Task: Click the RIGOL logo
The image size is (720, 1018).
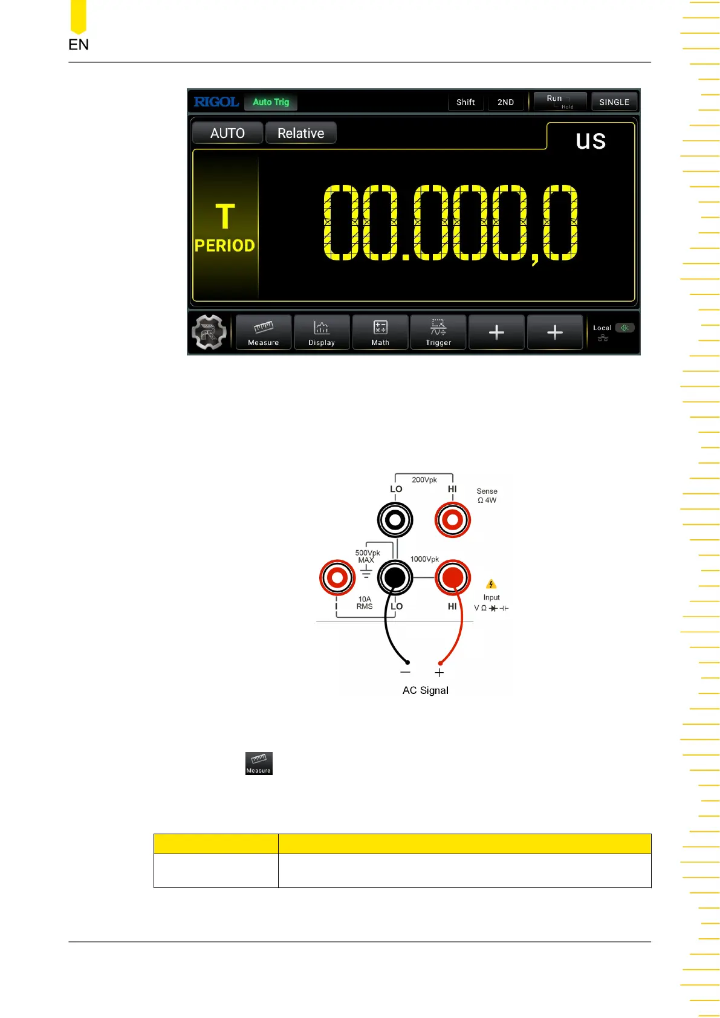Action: [x=216, y=102]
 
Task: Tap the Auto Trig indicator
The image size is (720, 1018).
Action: [x=271, y=102]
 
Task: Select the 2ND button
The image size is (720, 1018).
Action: [x=505, y=102]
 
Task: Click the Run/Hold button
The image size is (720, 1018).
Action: [x=560, y=101]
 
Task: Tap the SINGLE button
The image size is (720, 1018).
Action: [x=614, y=102]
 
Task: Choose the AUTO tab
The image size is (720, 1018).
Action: [x=227, y=133]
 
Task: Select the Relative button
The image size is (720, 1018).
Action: [x=300, y=133]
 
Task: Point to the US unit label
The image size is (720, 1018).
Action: [x=591, y=141]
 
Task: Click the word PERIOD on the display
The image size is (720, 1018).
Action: [x=225, y=245]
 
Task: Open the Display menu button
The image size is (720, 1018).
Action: [x=322, y=332]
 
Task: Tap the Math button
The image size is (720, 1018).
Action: [x=380, y=332]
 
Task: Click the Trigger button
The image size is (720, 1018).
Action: [x=438, y=332]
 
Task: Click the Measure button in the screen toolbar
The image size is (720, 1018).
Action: [x=264, y=332]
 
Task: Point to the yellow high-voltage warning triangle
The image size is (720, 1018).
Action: [x=491, y=584]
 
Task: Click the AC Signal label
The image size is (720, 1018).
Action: [x=426, y=690]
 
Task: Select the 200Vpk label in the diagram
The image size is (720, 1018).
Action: [x=424, y=480]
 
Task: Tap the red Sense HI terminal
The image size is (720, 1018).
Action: [x=453, y=520]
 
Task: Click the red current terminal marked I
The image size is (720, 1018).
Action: [x=337, y=578]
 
